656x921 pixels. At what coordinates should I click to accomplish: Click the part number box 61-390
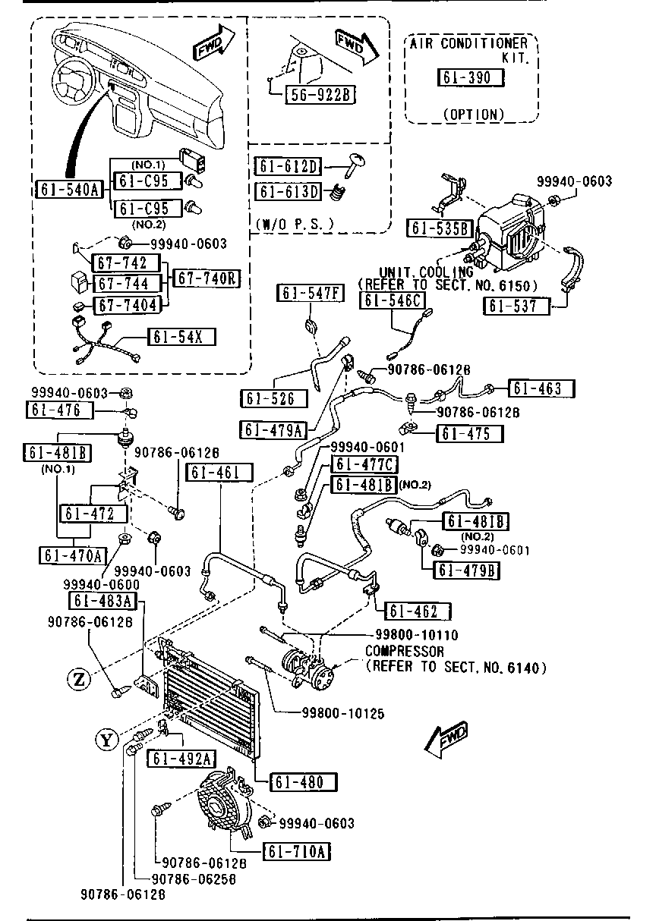[x=469, y=77]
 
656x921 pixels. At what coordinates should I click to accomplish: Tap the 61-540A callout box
[x=69, y=189]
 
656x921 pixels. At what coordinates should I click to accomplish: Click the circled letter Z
[x=79, y=678]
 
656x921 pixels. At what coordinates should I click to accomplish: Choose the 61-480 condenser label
[x=300, y=782]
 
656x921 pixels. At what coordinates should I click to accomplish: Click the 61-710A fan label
[x=297, y=852]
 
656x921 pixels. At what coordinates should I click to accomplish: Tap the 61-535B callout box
[x=440, y=228]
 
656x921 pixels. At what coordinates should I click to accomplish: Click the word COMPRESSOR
[x=405, y=651]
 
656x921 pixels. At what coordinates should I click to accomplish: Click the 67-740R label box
[x=206, y=278]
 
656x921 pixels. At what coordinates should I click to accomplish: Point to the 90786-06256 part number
[x=194, y=879]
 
